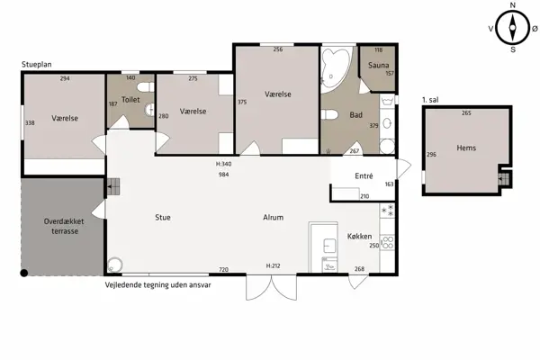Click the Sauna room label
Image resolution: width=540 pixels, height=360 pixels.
coord(378,65)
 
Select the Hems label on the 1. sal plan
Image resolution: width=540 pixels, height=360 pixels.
coord(466,148)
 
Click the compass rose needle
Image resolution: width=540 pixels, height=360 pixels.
coord(512,28)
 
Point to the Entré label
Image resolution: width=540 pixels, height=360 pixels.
coord(364,176)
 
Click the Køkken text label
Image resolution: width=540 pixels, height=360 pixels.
coord(359,237)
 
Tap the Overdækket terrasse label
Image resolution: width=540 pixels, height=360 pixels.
coord(65,226)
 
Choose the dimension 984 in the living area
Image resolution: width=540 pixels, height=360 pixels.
coord(223,175)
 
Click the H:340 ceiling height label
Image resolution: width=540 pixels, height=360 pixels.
coord(223,164)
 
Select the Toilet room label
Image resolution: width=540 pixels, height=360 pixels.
coord(130,100)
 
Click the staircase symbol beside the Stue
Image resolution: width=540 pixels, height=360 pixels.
coord(113,186)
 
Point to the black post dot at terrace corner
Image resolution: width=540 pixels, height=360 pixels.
coord(23,274)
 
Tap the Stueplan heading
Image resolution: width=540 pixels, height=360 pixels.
coord(37,65)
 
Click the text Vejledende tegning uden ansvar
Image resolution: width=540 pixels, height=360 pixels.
coord(157,285)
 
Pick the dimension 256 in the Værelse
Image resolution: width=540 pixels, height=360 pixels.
coord(278,49)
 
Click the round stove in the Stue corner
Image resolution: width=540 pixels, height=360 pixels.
coord(114,265)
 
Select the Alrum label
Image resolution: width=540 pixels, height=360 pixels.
coord(273,218)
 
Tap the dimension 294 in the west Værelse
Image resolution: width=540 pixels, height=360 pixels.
coord(65,78)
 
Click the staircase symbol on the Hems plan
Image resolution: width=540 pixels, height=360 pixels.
coord(503,178)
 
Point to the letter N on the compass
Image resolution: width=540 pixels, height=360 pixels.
coord(512,5)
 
